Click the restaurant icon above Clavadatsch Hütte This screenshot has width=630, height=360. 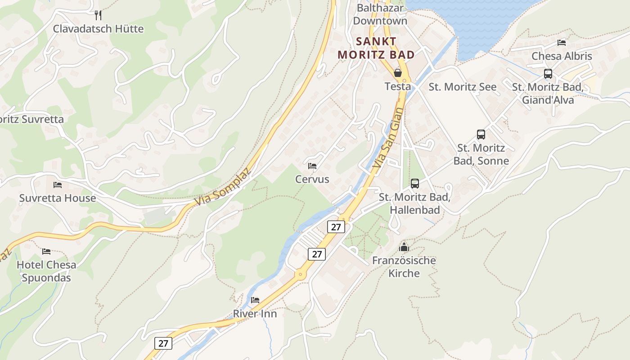(x=98, y=15)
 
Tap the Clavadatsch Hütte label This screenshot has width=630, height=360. (x=98, y=29)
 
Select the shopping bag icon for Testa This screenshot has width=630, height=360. (x=398, y=72)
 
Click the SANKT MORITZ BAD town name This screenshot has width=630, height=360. (x=376, y=48)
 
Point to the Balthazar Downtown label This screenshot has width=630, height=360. (x=380, y=14)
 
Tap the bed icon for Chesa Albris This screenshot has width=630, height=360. (x=562, y=43)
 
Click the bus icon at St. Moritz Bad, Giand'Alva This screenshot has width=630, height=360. (x=548, y=74)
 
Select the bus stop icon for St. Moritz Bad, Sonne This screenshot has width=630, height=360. (x=481, y=134)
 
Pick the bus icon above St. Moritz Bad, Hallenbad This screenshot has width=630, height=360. (x=414, y=184)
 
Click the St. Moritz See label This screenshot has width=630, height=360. (x=463, y=87)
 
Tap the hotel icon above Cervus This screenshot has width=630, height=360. (x=312, y=166)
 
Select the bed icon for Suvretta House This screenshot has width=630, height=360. (x=58, y=185)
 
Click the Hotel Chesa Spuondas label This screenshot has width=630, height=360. (x=46, y=271)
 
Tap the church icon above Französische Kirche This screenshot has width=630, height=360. (x=404, y=247)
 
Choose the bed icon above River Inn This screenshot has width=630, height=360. (x=255, y=300)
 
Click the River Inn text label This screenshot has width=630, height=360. (x=255, y=314)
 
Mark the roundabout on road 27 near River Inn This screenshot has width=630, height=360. (x=299, y=274)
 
